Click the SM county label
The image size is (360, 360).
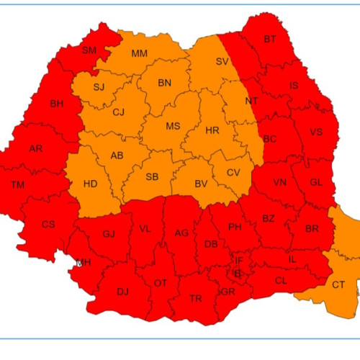(x=89, y=50)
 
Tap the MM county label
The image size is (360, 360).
(x=140, y=53)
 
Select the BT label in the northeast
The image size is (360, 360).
(x=270, y=39)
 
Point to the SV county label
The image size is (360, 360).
(x=222, y=62)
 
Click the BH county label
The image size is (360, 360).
(x=57, y=104)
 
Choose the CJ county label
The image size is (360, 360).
(x=119, y=112)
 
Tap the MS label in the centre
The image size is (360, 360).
(x=173, y=126)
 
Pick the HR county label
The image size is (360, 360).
(x=212, y=131)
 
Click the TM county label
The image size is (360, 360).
(x=17, y=186)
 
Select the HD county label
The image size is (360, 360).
(x=90, y=184)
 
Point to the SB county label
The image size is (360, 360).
(x=152, y=177)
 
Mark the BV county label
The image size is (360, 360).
(x=201, y=184)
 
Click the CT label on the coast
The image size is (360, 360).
(x=338, y=285)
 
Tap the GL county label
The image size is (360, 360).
(x=315, y=183)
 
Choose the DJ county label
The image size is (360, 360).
(x=122, y=292)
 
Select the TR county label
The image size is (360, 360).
(x=195, y=299)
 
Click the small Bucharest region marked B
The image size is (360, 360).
(x=237, y=273)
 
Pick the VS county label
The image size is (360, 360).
(x=315, y=133)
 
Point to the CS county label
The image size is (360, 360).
(x=48, y=225)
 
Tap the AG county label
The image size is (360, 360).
(x=181, y=233)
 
